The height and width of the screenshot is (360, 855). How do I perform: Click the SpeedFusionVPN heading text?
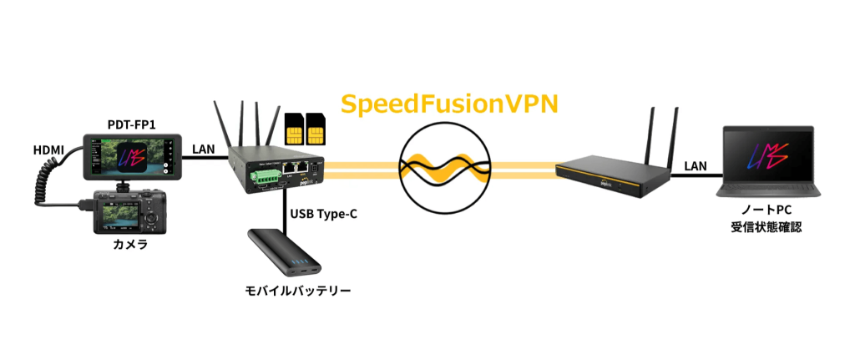(x=449, y=104)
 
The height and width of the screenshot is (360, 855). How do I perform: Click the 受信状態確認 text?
(x=765, y=226)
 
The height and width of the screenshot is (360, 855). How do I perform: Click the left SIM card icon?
(x=294, y=130)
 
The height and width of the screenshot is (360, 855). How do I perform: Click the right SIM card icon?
(x=316, y=130)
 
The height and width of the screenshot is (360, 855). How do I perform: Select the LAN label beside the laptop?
(x=696, y=167)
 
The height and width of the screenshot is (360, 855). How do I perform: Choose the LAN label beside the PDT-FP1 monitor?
(x=203, y=148)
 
